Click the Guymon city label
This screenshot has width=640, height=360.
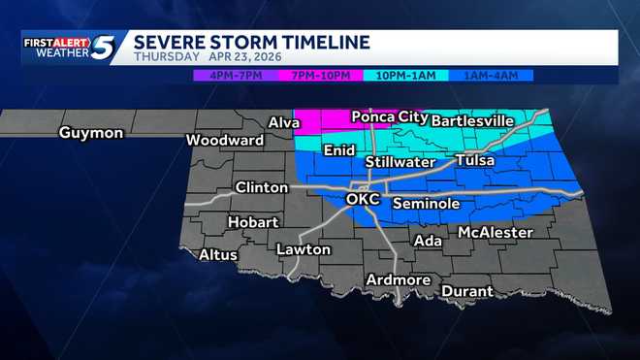click(x=91, y=133)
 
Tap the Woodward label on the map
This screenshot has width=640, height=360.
click(x=225, y=141)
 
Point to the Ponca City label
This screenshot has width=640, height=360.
click(x=389, y=116)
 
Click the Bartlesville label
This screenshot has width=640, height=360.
click(x=471, y=120)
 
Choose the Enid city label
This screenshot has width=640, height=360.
click(x=339, y=150)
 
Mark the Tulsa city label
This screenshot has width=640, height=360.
click(x=474, y=160)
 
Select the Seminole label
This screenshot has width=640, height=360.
click(x=426, y=204)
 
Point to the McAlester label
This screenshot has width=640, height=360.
click(x=496, y=233)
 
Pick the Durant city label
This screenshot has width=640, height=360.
click(x=467, y=291)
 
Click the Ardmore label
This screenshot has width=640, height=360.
click(x=398, y=280)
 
